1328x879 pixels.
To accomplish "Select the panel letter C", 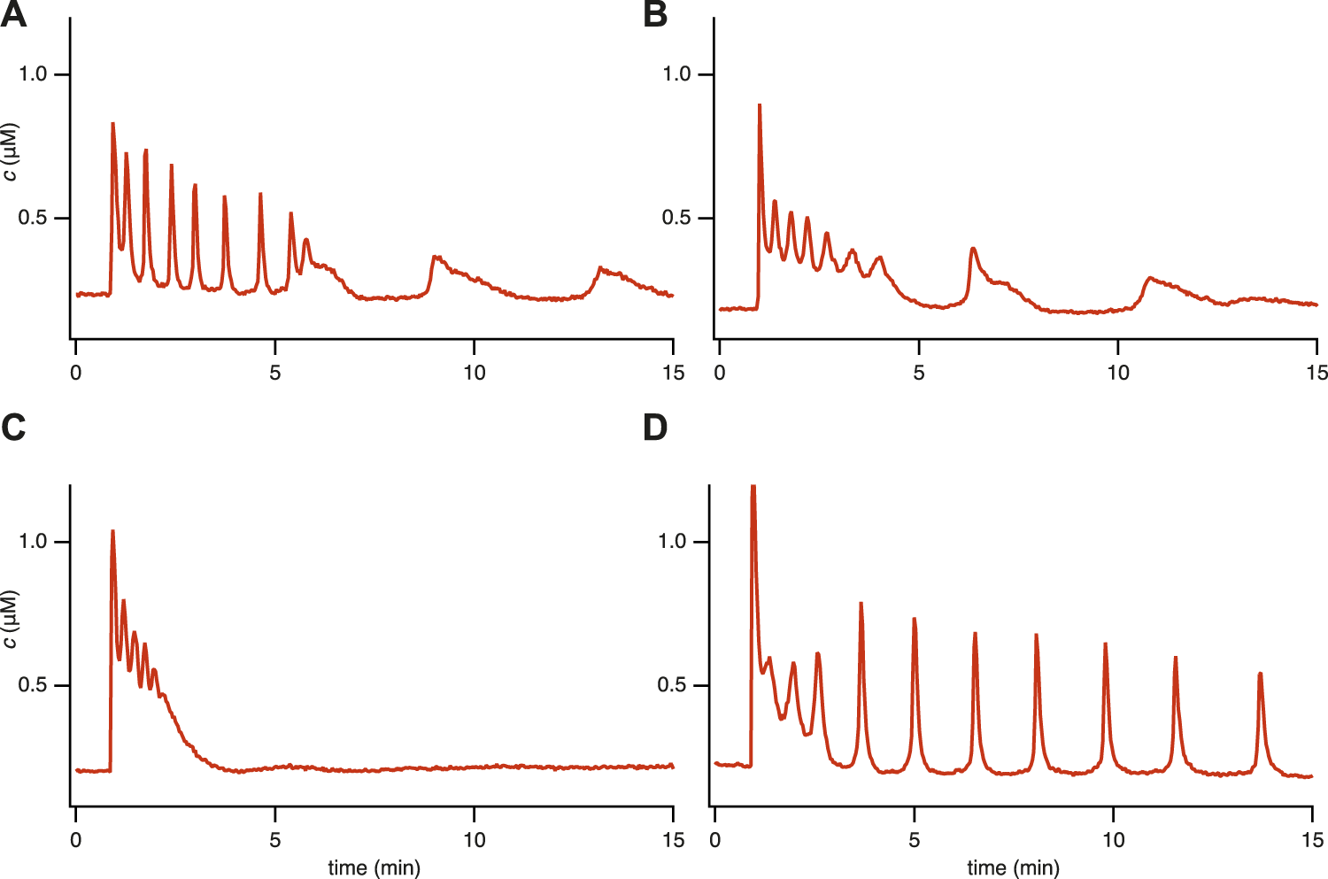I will point(13,428).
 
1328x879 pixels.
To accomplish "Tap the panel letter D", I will point(655,428).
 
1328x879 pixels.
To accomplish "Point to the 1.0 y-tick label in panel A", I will point(33,74).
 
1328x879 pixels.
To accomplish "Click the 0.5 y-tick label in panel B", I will point(676,219).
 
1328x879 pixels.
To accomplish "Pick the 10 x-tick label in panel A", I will point(475,373).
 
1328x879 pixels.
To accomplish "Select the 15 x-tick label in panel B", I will point(1316,373).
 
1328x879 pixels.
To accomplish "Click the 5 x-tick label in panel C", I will point(275,839).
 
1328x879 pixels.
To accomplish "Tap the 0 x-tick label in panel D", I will point(715,839).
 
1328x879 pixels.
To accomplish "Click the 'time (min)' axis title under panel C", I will point(374,867).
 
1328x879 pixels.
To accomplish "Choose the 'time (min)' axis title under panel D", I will point(1013,867).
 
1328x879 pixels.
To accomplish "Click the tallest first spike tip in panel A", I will point(112,124).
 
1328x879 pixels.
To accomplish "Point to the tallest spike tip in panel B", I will point(760,104).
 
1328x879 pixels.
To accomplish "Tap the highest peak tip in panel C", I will point(112,531).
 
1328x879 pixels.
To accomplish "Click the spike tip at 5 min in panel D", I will point(914,619).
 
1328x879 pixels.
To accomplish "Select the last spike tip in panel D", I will point(1260,674).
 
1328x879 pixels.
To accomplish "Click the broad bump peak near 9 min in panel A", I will point(435,257).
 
